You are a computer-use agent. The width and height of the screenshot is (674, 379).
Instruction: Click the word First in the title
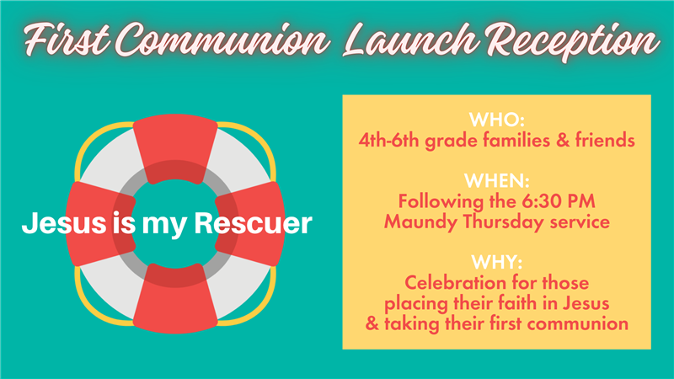(x=67, y=40)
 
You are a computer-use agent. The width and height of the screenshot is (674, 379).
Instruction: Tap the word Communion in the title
(x=222, y=40)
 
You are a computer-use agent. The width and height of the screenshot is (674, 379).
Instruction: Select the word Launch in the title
(x=410, y=40)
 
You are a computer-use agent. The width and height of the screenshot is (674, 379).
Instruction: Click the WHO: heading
(x=497, y=120)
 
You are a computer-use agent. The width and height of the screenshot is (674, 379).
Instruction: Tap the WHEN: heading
(x=497, y=181)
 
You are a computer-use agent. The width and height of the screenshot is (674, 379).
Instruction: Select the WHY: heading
(x=497, y=262)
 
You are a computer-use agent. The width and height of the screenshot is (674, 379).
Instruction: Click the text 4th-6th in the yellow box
(x=389, y=140)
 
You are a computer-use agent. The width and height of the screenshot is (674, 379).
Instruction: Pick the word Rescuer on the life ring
(x=254, y=223)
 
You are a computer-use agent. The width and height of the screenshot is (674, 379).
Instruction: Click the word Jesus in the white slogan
(x=64, y=223)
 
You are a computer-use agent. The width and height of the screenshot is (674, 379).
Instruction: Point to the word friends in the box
(x=605, y=140)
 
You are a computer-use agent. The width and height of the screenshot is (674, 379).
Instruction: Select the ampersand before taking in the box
(x=372, y=323)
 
